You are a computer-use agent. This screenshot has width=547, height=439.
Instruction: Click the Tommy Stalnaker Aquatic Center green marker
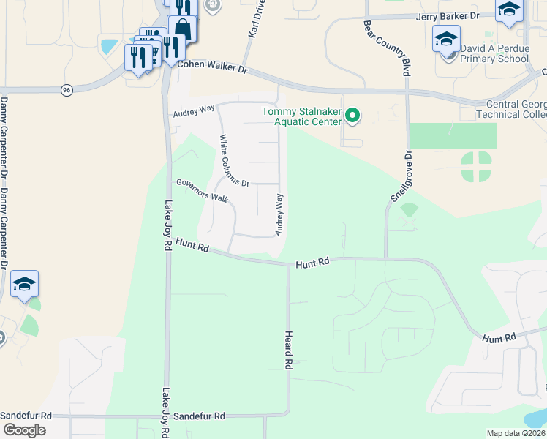[x=352, y=115]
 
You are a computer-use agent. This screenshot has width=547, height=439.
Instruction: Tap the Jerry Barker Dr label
[x=448, y=15]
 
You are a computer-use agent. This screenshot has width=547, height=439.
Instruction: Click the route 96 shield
[x=67, y=89]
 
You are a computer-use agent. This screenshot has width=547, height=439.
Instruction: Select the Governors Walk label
[x=201, y=190]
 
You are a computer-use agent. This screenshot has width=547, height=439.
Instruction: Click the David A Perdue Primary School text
[x=494, y=53]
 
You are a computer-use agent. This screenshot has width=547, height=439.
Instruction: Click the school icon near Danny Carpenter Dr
[x=24, y=284]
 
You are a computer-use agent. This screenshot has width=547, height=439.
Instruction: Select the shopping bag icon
[x=183, y=30]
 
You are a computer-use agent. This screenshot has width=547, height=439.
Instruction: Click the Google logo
[x=25, y=429]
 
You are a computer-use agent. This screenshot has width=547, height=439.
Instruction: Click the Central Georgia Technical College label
[x=511, y=109]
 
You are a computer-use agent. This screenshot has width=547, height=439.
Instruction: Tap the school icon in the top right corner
[x=509, y=10]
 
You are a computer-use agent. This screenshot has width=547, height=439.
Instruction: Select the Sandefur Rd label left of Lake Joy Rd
[x=26, y=415]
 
